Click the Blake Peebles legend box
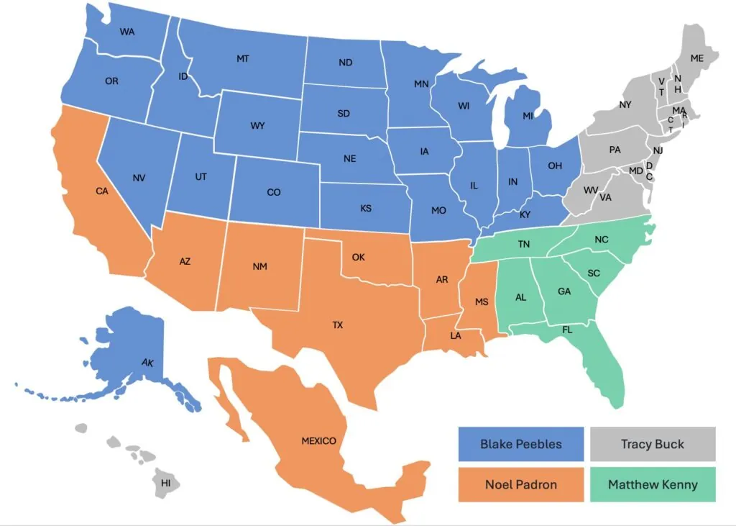tap(521, 444)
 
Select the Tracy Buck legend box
tap(653, 444)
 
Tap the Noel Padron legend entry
tap(521, 484)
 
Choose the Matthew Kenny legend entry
tap(653, 484)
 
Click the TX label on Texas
tap(338, 325)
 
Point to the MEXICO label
tap(318, 441)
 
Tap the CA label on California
tap(101, 191)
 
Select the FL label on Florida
tap(568, 330)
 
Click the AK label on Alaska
tap(147, 362)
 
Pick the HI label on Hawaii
tap(166, 482)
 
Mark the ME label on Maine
tap(696, 58)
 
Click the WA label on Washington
tap(127, 32)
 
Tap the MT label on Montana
tap(243, 58)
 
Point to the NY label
tap(625, 105)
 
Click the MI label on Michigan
tap(528, 116)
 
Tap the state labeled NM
tap(259, 267)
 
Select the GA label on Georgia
tap(564, 292)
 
